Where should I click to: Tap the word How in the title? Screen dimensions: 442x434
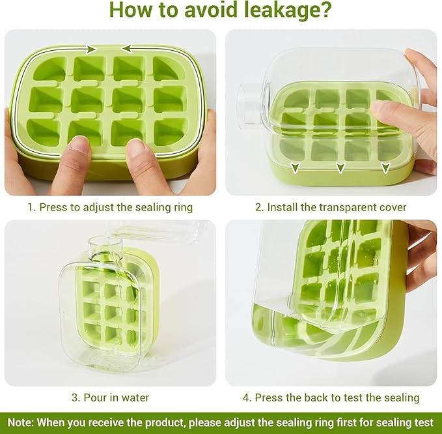point(130,9)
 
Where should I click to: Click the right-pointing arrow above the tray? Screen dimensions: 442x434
point(91,49)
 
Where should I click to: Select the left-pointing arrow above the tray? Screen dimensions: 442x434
point(127,49)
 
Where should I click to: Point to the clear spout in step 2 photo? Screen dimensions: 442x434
point(250,104)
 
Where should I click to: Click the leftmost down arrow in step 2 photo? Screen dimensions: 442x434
point(295,167)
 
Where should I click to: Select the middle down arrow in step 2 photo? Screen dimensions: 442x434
point(341,167)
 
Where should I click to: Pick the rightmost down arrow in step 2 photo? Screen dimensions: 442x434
point(385,167)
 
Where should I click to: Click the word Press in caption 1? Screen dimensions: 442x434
point(53,207)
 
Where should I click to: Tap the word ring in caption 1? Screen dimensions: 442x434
point(183,208)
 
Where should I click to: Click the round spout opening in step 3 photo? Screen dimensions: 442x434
point(105,242)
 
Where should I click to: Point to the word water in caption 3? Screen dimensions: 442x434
point(135,398)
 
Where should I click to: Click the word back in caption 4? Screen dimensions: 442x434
point(316,398)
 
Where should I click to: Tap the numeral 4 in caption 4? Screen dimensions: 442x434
point(246,398)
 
